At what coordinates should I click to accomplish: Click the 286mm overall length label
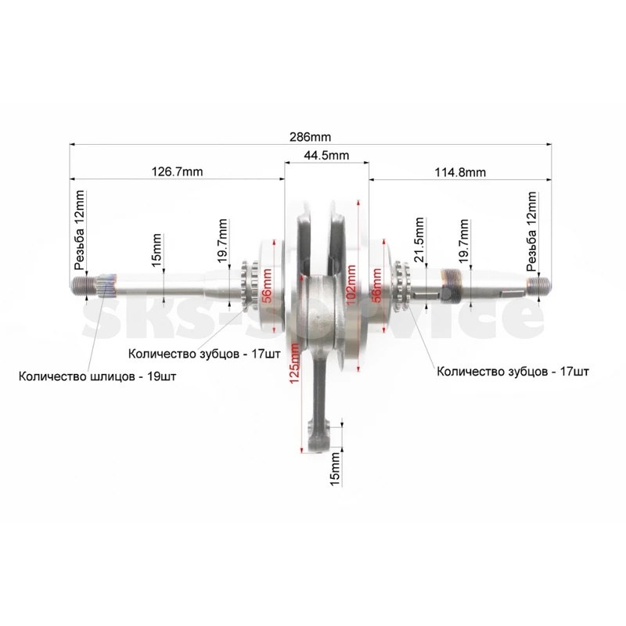[x=310, y=137]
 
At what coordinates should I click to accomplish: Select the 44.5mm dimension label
[x=326, y=155]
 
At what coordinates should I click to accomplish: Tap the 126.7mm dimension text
[x=178, y=171]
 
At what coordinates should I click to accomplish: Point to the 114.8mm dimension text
[x=460, y=172]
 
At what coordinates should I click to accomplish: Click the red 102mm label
[x=351, y=284]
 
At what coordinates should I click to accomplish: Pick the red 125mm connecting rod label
[x=295, y=364]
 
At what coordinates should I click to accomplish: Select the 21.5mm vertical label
[x=419, y=239]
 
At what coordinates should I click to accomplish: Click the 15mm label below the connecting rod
[x=336, y=469]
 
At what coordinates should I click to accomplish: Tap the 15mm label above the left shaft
[x=156, y=250]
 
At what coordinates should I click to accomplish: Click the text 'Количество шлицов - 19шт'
[x=97, y=376]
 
